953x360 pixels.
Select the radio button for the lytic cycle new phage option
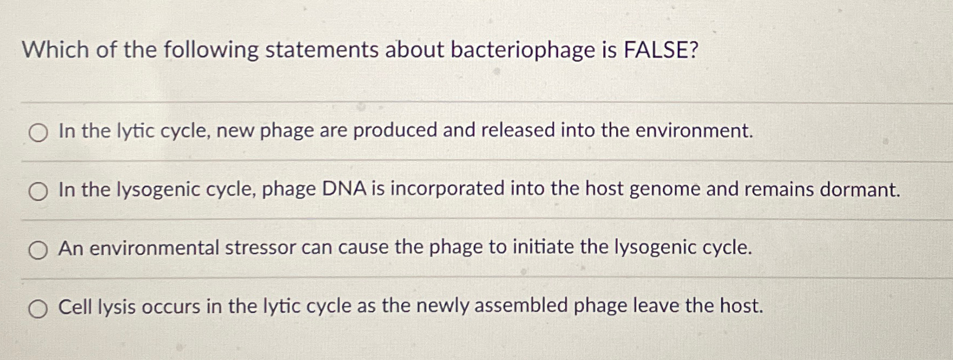(x=38, y=132)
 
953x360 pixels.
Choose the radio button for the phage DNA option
(x=38, y=191)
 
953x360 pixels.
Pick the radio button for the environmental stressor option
(x=38, y=250)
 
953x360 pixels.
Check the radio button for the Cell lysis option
(x=38, y=308)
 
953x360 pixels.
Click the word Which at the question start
(x=55, y=50)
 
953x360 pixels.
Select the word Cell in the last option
(x=75, y=307)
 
